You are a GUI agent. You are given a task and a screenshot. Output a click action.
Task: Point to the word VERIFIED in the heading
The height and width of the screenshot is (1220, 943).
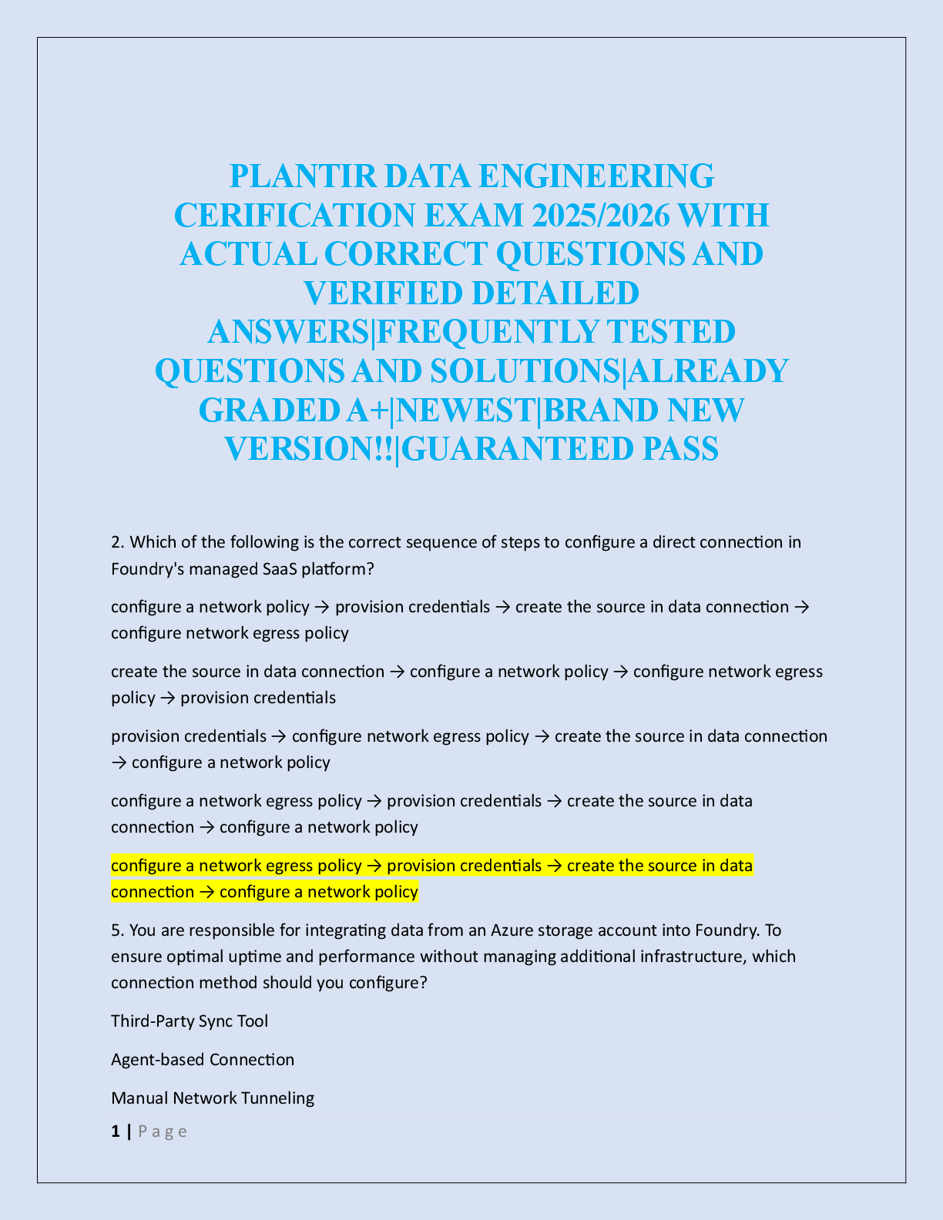point(376,293)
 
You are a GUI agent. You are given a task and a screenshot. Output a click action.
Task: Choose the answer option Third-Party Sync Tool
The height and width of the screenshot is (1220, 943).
point(190,1021)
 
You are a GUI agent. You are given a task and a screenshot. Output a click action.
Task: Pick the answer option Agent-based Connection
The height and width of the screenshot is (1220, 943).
point(203,1060)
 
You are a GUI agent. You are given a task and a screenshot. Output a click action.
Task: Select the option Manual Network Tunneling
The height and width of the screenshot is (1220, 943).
point(213,1098)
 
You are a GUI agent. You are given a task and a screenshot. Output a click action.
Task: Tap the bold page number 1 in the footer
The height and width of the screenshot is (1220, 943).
point(116,1131)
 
